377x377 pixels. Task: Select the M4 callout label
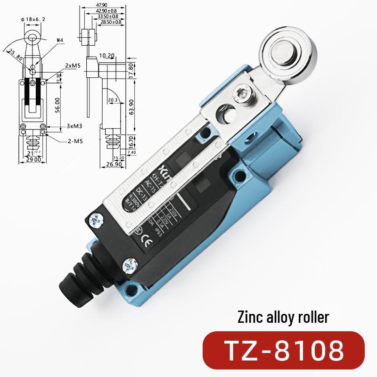tap(60, 41)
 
